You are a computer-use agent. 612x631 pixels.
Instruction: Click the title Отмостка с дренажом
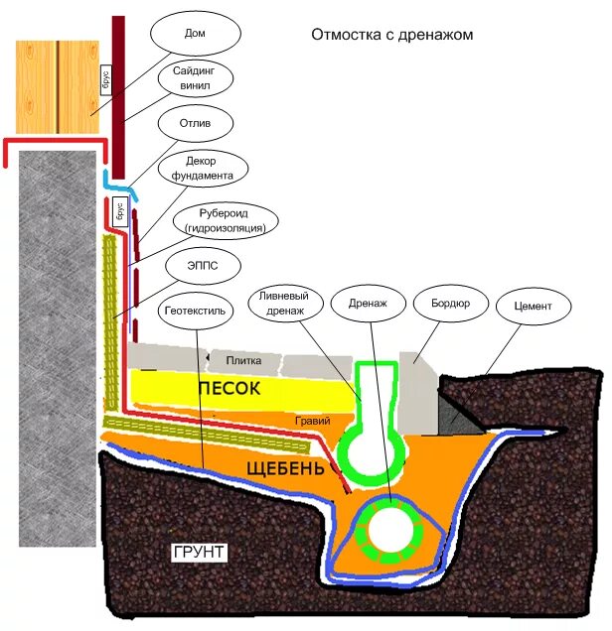391,34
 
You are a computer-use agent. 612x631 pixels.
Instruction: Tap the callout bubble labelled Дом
195,32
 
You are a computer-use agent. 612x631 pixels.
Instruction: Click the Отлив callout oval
195,124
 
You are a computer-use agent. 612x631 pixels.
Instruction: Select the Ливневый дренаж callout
287,303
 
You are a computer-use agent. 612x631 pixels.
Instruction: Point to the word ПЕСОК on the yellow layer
228,388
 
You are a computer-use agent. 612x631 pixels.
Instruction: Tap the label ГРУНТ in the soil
198,551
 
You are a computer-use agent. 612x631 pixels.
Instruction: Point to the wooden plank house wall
58,86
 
